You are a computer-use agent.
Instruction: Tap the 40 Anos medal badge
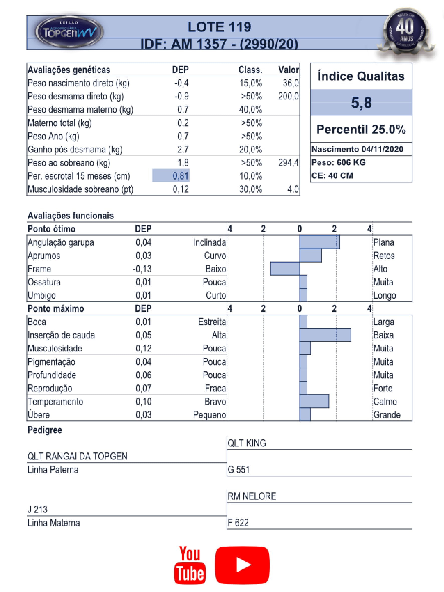(406, 30)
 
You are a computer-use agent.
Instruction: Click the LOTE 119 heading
(219, 27)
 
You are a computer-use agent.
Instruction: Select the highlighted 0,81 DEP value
(180, 176)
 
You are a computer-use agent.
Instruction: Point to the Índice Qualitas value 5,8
(361, 103)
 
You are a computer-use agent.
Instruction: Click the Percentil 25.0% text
(361, 129)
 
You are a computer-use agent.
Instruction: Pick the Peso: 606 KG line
(339, 162)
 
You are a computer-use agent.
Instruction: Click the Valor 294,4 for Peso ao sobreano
(288, 162)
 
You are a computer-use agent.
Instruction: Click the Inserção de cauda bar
(325, 335)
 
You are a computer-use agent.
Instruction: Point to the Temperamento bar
(314, 401)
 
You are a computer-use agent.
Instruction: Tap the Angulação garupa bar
(319, 242)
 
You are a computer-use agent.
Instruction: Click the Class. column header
(250, 70)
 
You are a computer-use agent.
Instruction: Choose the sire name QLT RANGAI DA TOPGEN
(77, 456)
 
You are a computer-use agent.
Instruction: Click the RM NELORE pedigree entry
(252, 496)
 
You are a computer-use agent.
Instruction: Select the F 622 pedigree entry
(238, 523)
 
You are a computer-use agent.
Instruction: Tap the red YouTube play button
(242, 565)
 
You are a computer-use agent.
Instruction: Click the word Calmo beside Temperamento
(385, 401)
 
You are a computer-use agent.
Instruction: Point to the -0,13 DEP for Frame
(142, 269)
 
